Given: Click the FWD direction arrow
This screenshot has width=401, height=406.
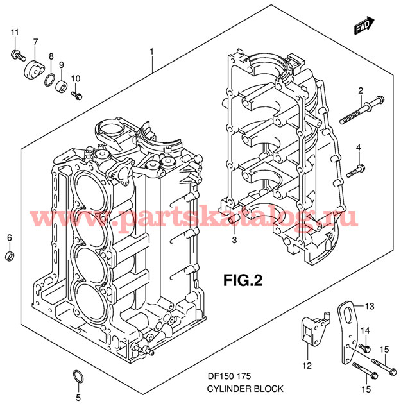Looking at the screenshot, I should click(x=363, y=26).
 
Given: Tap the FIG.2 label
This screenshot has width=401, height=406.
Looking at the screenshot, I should click(x=243, y=280).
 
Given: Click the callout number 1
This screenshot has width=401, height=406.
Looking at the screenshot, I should click(x=152, y=51).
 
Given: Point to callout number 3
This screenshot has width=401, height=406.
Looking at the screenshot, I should click(x=234, y=240).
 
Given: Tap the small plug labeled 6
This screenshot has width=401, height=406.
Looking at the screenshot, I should click(x=10, y=257).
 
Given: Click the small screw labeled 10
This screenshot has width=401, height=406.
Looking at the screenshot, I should click(x=77, y=96).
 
